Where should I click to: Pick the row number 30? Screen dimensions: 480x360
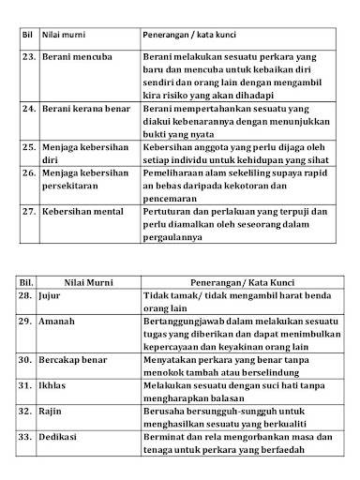pyautogui.click(x=28, y=359)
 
